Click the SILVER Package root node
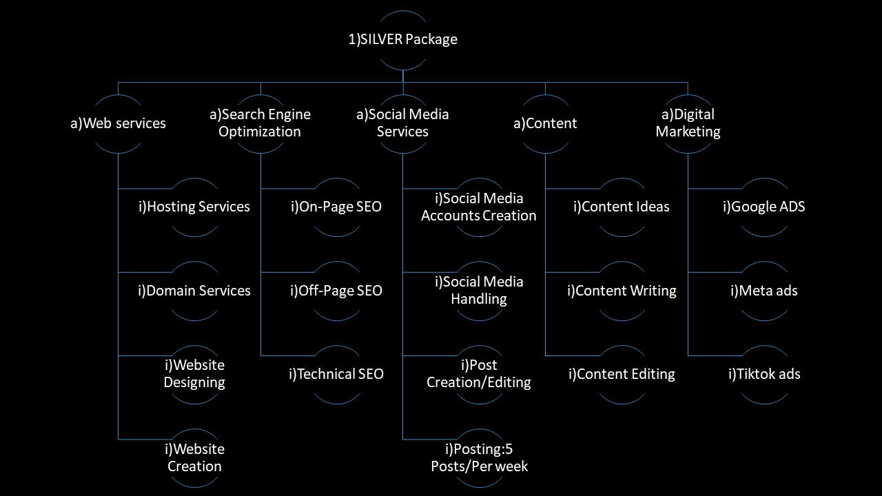(403, 39)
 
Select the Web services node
(119, 124)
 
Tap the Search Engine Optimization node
(260, 123)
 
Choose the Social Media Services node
(403, 123)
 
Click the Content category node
(545, 124)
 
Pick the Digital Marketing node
(688, 123)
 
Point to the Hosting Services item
(194, 207)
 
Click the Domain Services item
(194, 291)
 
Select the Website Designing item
(194, 373)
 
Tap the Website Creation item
(194, 457)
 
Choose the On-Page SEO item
(336, 207)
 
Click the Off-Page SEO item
(336, 291)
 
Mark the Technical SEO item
(336, 374)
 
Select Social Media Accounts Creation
(479, 207)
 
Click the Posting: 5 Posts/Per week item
(479, 457)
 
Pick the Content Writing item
(622, 291)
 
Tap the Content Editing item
(622, 374)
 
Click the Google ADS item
(763, 207)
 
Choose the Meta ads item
(763, 291)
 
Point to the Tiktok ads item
(763, 374)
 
